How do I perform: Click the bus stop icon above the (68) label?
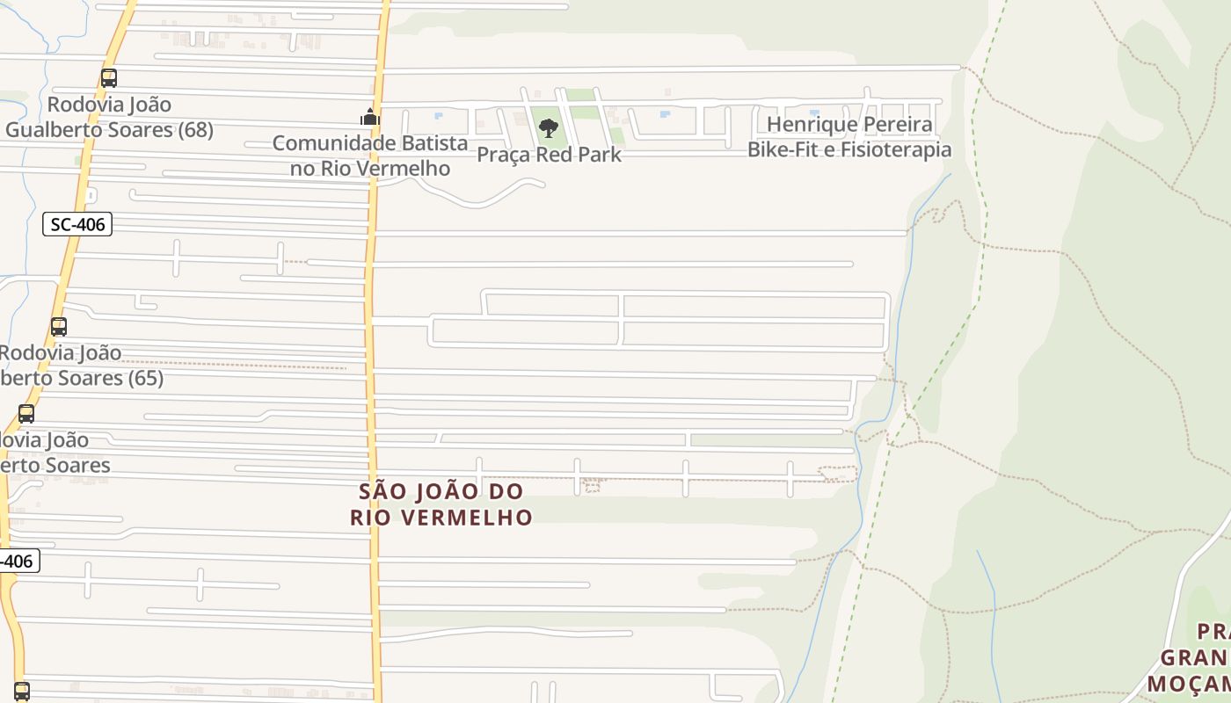[109, 78]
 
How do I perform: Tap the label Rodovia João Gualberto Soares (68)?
[109, 117]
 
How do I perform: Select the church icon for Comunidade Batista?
[370, 117]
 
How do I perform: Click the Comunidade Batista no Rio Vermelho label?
[370, 156]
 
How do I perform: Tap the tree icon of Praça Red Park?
[549, 128]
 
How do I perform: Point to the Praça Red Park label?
[549, 155]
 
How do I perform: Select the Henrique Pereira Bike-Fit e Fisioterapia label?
[849, 136]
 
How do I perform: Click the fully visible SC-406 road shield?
[77, 224]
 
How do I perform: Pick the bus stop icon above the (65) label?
[59, 327]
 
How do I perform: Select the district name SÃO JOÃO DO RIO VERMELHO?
[441, 504]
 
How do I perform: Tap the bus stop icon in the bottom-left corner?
[22, 692]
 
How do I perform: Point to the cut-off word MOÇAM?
[1189, 684]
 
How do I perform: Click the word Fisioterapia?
[895, 149]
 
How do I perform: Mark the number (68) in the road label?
[187, 130]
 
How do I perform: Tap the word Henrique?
[806, 124]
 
